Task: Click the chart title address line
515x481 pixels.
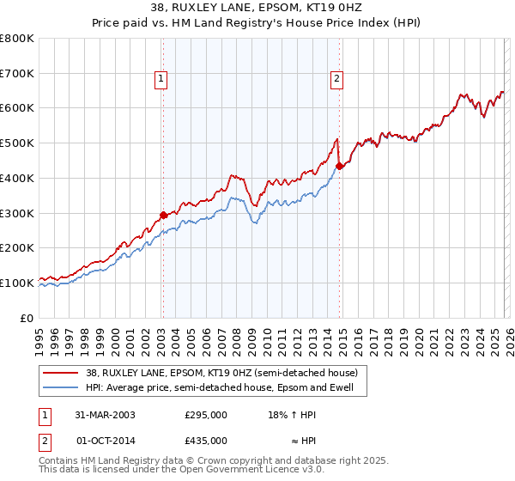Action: point(257,9)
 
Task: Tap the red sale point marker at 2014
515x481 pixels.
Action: point(339,166)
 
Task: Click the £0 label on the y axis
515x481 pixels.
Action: point(26,318)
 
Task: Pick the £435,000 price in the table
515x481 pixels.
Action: point(206,440)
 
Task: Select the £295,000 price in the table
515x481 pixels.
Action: point(206,414)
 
